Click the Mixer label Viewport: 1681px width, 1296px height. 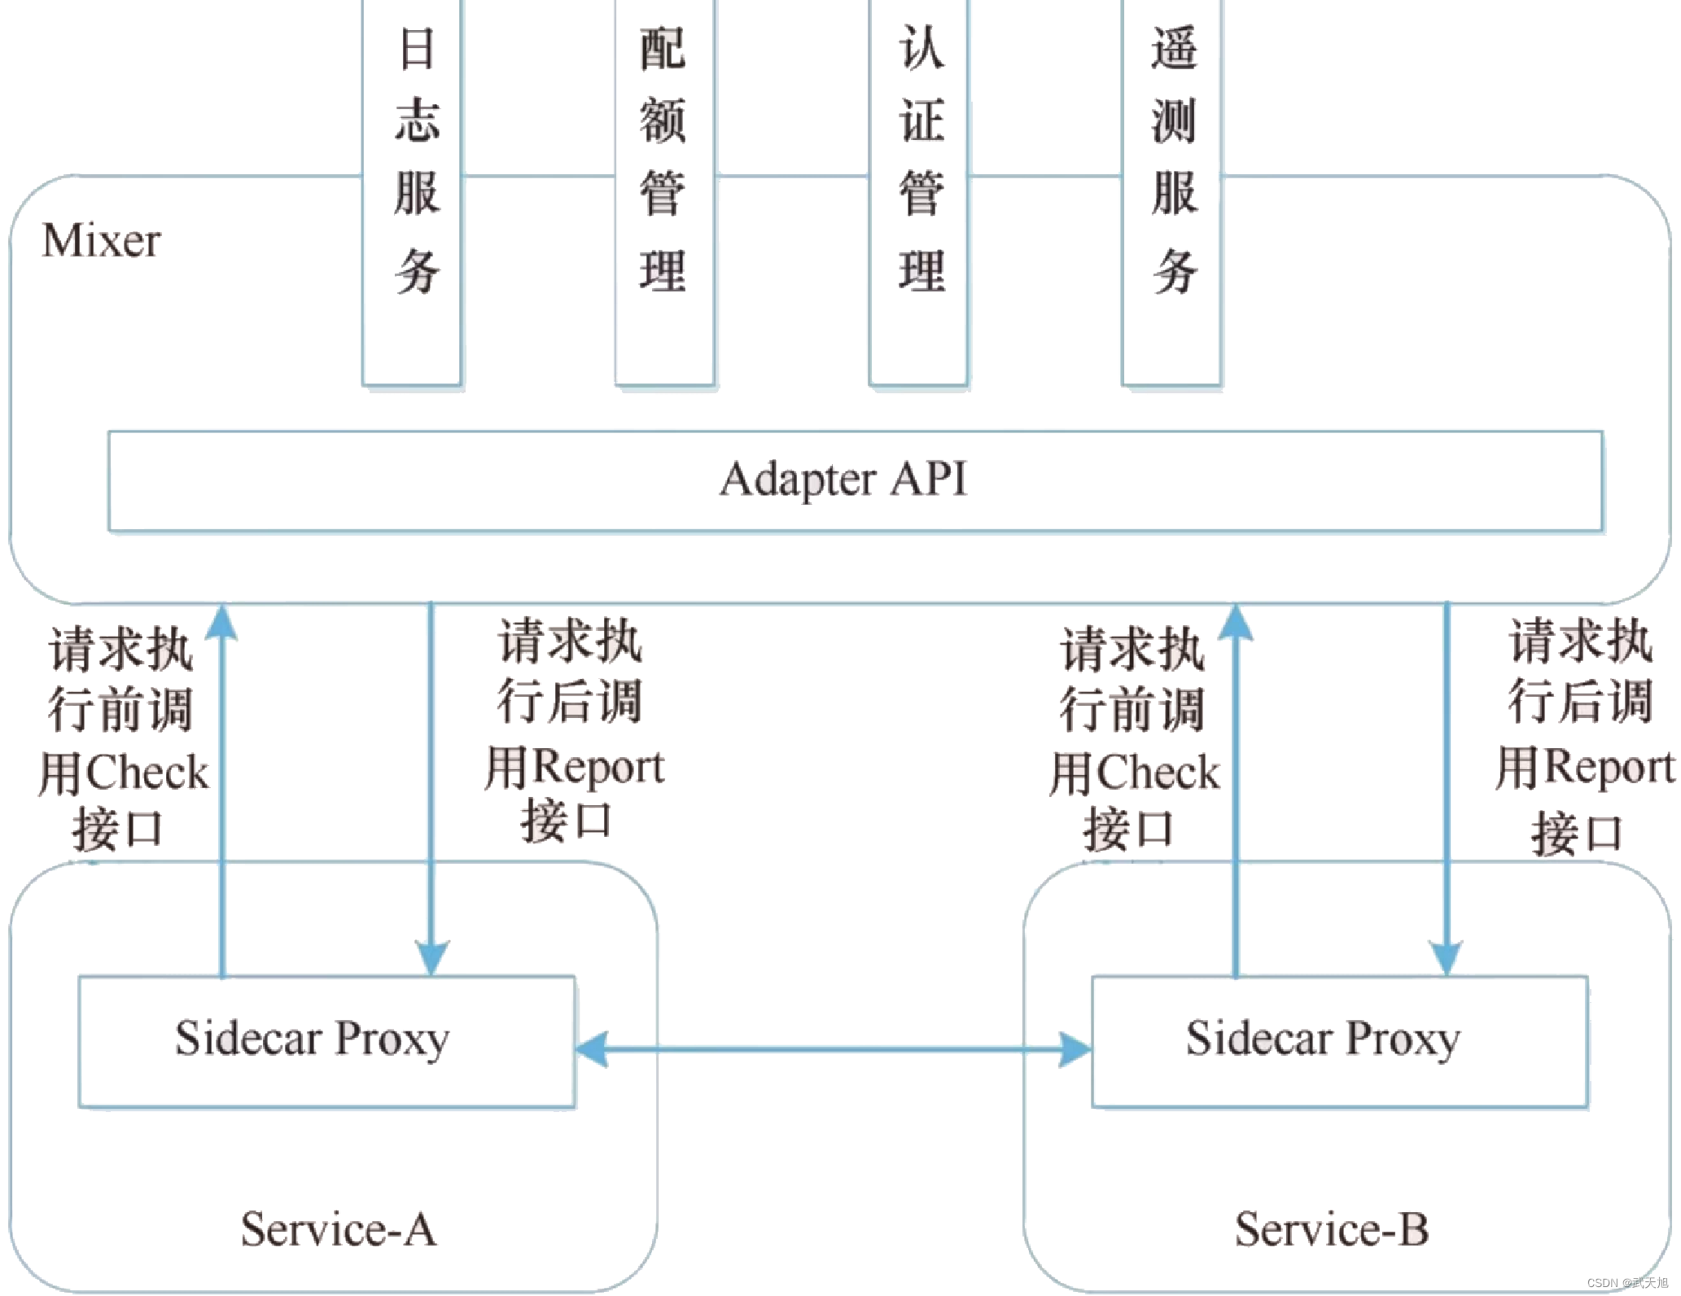102,241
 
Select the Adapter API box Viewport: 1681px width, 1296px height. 855,480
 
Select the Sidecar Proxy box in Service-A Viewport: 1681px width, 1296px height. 326,1041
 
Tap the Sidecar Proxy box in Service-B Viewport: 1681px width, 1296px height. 1339,1041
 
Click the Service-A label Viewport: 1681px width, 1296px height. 338,1229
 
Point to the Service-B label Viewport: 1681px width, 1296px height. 1332,1229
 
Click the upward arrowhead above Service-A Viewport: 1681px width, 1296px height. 221,622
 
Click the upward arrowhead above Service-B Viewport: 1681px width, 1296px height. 1236,622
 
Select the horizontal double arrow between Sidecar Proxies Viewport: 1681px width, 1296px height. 833,1049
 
